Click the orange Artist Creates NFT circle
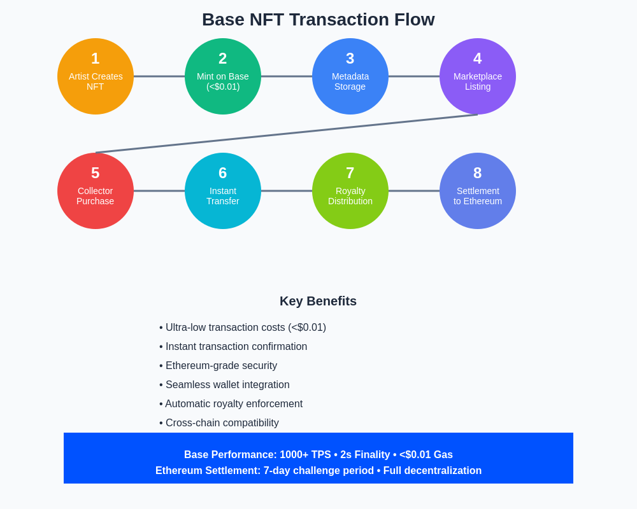[x=96, y=76]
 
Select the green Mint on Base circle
[x=223, y=76]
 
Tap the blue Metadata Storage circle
[x=350, y=76]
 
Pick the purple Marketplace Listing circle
[x=478, y=76]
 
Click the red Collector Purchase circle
[x=96, y=191]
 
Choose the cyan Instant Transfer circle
[x=223, y=191]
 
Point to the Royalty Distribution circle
[x=350, y=191]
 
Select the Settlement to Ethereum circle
[x=478, y=191]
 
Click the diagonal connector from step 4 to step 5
[x=287, y=134]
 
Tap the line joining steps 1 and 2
[x=159, y=76]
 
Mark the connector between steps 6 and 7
[x=287, y=191]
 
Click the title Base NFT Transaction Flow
[x=318, y=20]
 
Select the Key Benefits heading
[x=318, y=301]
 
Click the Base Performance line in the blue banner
[x=318, y=455]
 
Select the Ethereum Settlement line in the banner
[x=318, y=471]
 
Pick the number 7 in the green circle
[x=350, y=173]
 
